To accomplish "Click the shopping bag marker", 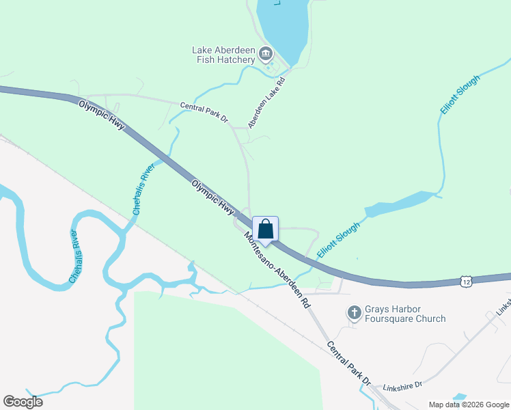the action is tap(265, 230).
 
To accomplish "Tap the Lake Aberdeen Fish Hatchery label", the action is tap(223, 55).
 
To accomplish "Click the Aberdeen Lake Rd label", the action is tap(266, 102).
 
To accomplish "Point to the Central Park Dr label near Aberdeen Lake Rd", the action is tap(204, 112).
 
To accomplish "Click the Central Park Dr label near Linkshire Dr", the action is tap(348, 361).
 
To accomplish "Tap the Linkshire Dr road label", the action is tap(404, 386).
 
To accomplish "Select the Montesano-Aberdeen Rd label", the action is tap(277, 269).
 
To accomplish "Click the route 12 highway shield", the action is tap(466, 281).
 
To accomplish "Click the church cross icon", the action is tap(354, 313).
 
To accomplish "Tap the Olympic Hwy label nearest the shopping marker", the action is tap(212, 200).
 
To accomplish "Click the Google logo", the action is tap(23, 402).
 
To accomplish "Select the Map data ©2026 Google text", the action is tap(468, 405).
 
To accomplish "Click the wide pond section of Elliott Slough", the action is tap(400, 203).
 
